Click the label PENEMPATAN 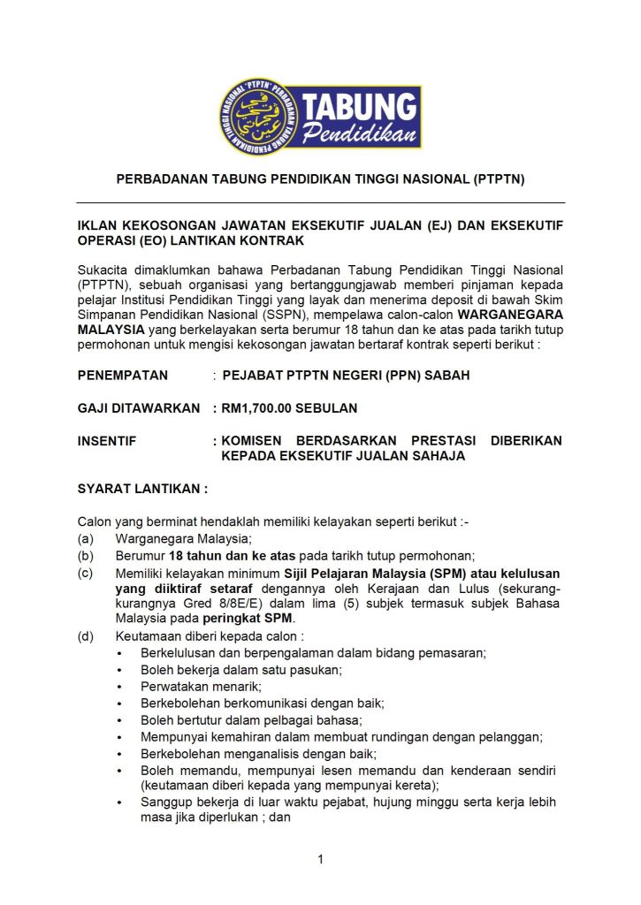(123, 375)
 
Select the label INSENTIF (107, 441)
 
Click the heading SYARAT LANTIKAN (142, 488)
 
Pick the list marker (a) (86, 539)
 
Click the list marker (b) (86, 556)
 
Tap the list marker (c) (86, 573)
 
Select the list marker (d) (86, 636)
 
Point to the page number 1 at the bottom (321, 859)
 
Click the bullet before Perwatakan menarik (119, 687)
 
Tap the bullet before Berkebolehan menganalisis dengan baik (119, 754)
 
